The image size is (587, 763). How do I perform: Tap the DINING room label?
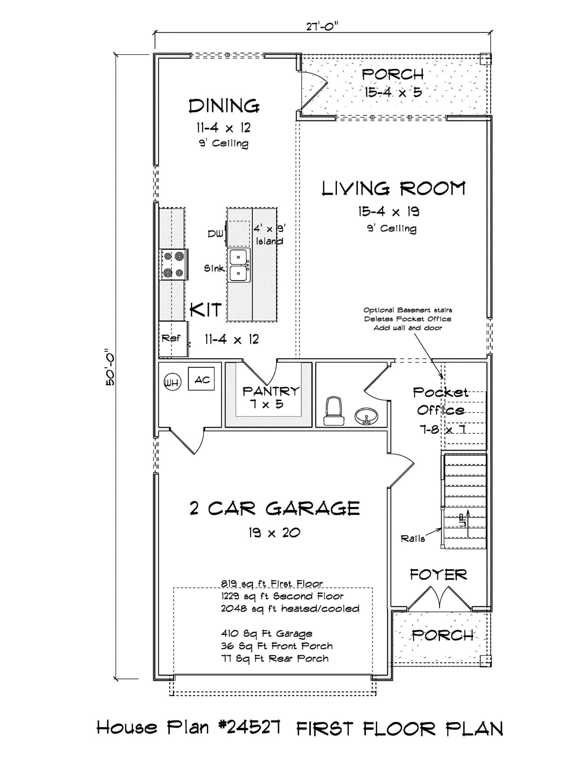224,106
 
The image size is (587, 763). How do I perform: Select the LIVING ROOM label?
393,189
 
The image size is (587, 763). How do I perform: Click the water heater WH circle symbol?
172,382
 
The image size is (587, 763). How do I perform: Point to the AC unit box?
201,379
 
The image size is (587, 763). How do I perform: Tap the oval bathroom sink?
366,416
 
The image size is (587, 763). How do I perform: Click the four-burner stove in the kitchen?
174,264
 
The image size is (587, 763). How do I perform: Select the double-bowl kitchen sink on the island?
238,265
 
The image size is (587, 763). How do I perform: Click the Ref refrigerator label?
171,338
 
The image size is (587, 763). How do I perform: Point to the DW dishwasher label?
215,234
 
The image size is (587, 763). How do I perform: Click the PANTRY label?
271,391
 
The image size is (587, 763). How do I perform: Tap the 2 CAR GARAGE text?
274,509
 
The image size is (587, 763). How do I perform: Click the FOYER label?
438,575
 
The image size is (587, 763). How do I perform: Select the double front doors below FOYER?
440,599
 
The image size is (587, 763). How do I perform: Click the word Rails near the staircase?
412,539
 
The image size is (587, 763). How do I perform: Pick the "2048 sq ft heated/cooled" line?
290,608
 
